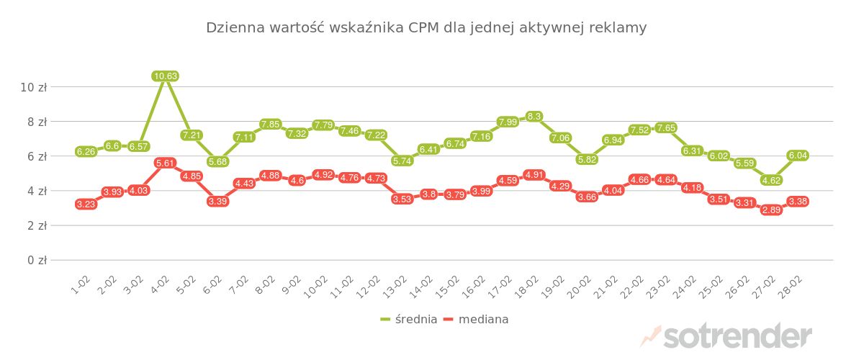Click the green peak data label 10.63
(x=166, y=76)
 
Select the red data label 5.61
(x=166, y=163)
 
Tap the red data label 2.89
(x=771, y=210)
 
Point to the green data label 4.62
(x=771, y=180)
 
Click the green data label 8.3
(x=534, y=117)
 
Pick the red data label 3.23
(x=86, y=204)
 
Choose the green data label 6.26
(x=86, y=152)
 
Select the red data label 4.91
(x=534, y=175)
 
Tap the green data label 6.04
(x=798, y=156)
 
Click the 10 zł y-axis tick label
(x=33, y=87)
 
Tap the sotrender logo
(x=727, y=336)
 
